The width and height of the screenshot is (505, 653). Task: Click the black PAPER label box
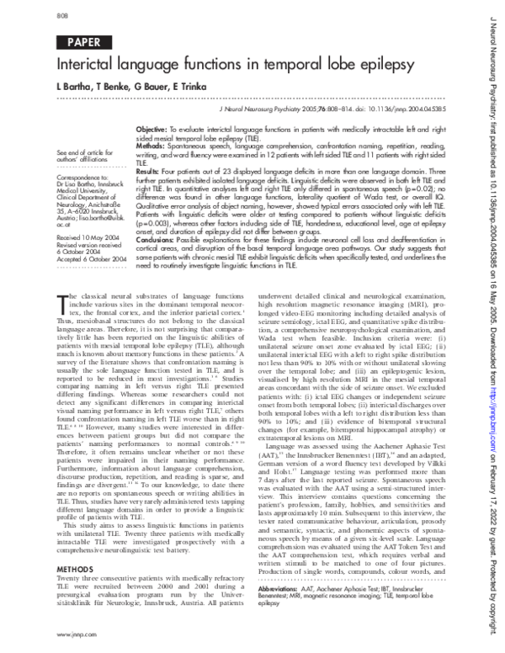(x=78, y=42)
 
